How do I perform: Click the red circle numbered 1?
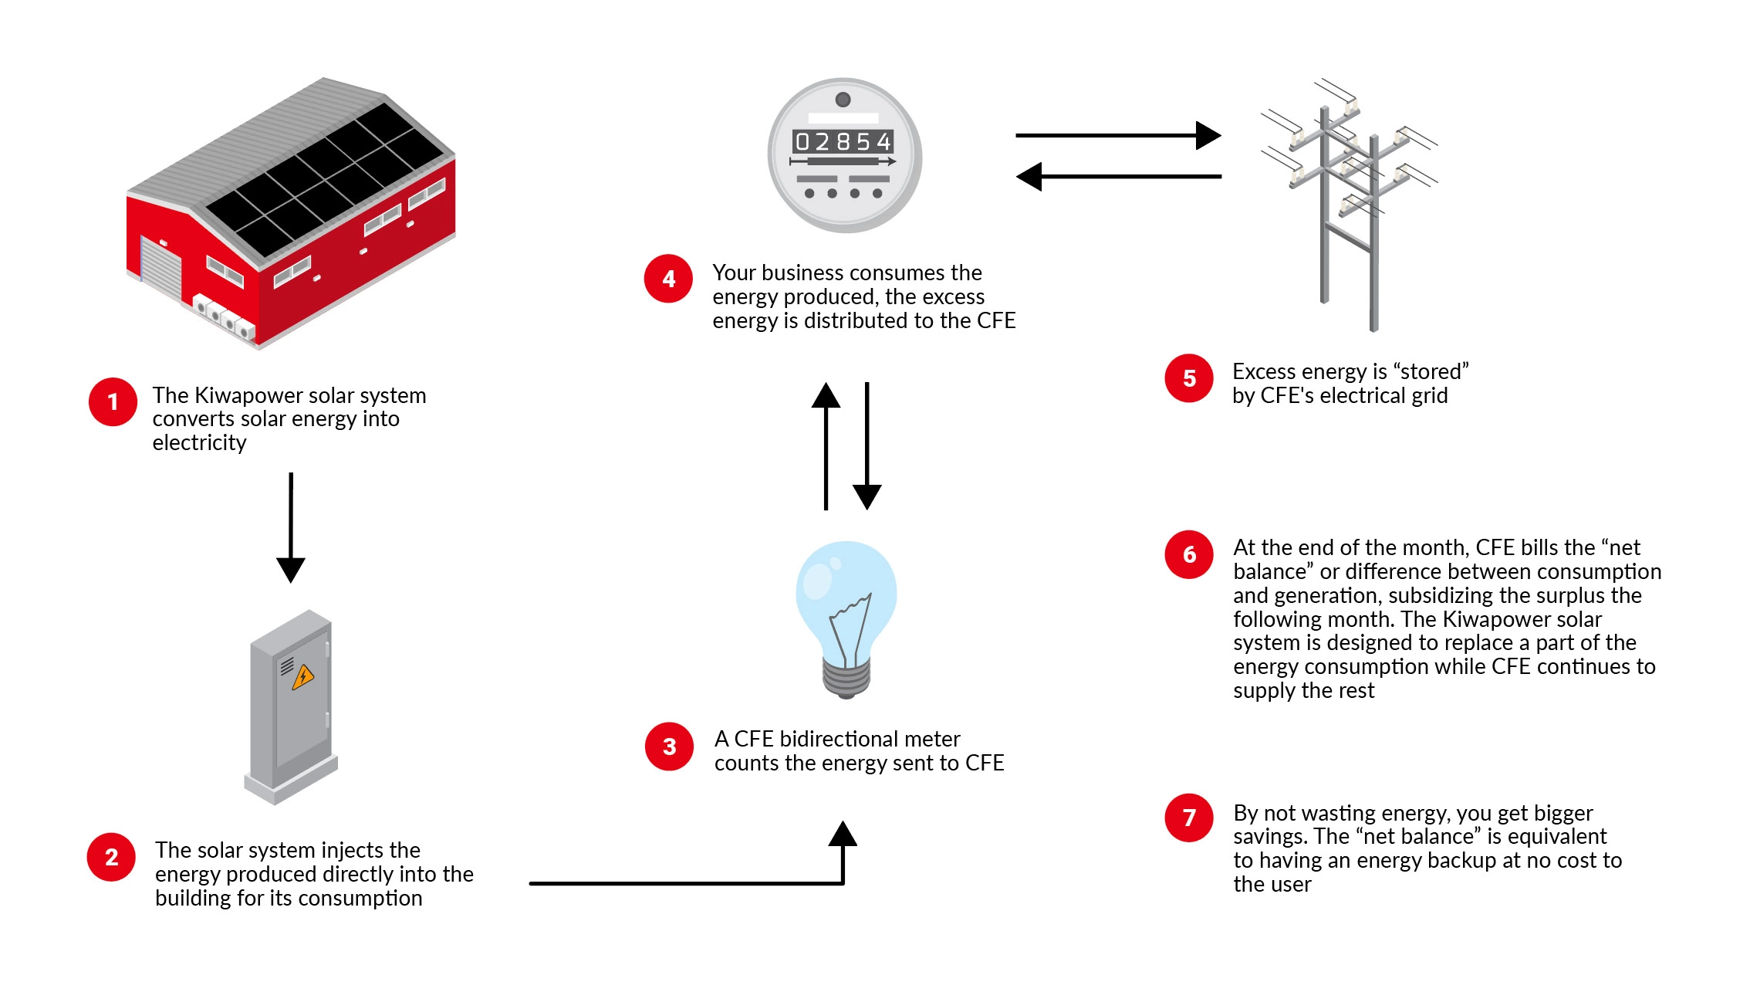113,401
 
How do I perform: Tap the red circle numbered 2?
112,857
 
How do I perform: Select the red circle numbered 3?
670,747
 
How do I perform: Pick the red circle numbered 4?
669,279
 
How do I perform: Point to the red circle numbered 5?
1189,378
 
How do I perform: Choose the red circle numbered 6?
1189,554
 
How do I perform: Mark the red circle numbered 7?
1189,818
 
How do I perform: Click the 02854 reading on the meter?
843,142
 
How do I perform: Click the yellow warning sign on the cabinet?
303,677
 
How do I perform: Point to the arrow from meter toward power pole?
1118,135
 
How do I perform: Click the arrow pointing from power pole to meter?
1119,177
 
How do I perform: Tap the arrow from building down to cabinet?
291,528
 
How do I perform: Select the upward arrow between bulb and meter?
826,446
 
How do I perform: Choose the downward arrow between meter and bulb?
867,446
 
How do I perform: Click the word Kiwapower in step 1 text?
248,396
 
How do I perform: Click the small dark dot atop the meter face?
843,100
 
